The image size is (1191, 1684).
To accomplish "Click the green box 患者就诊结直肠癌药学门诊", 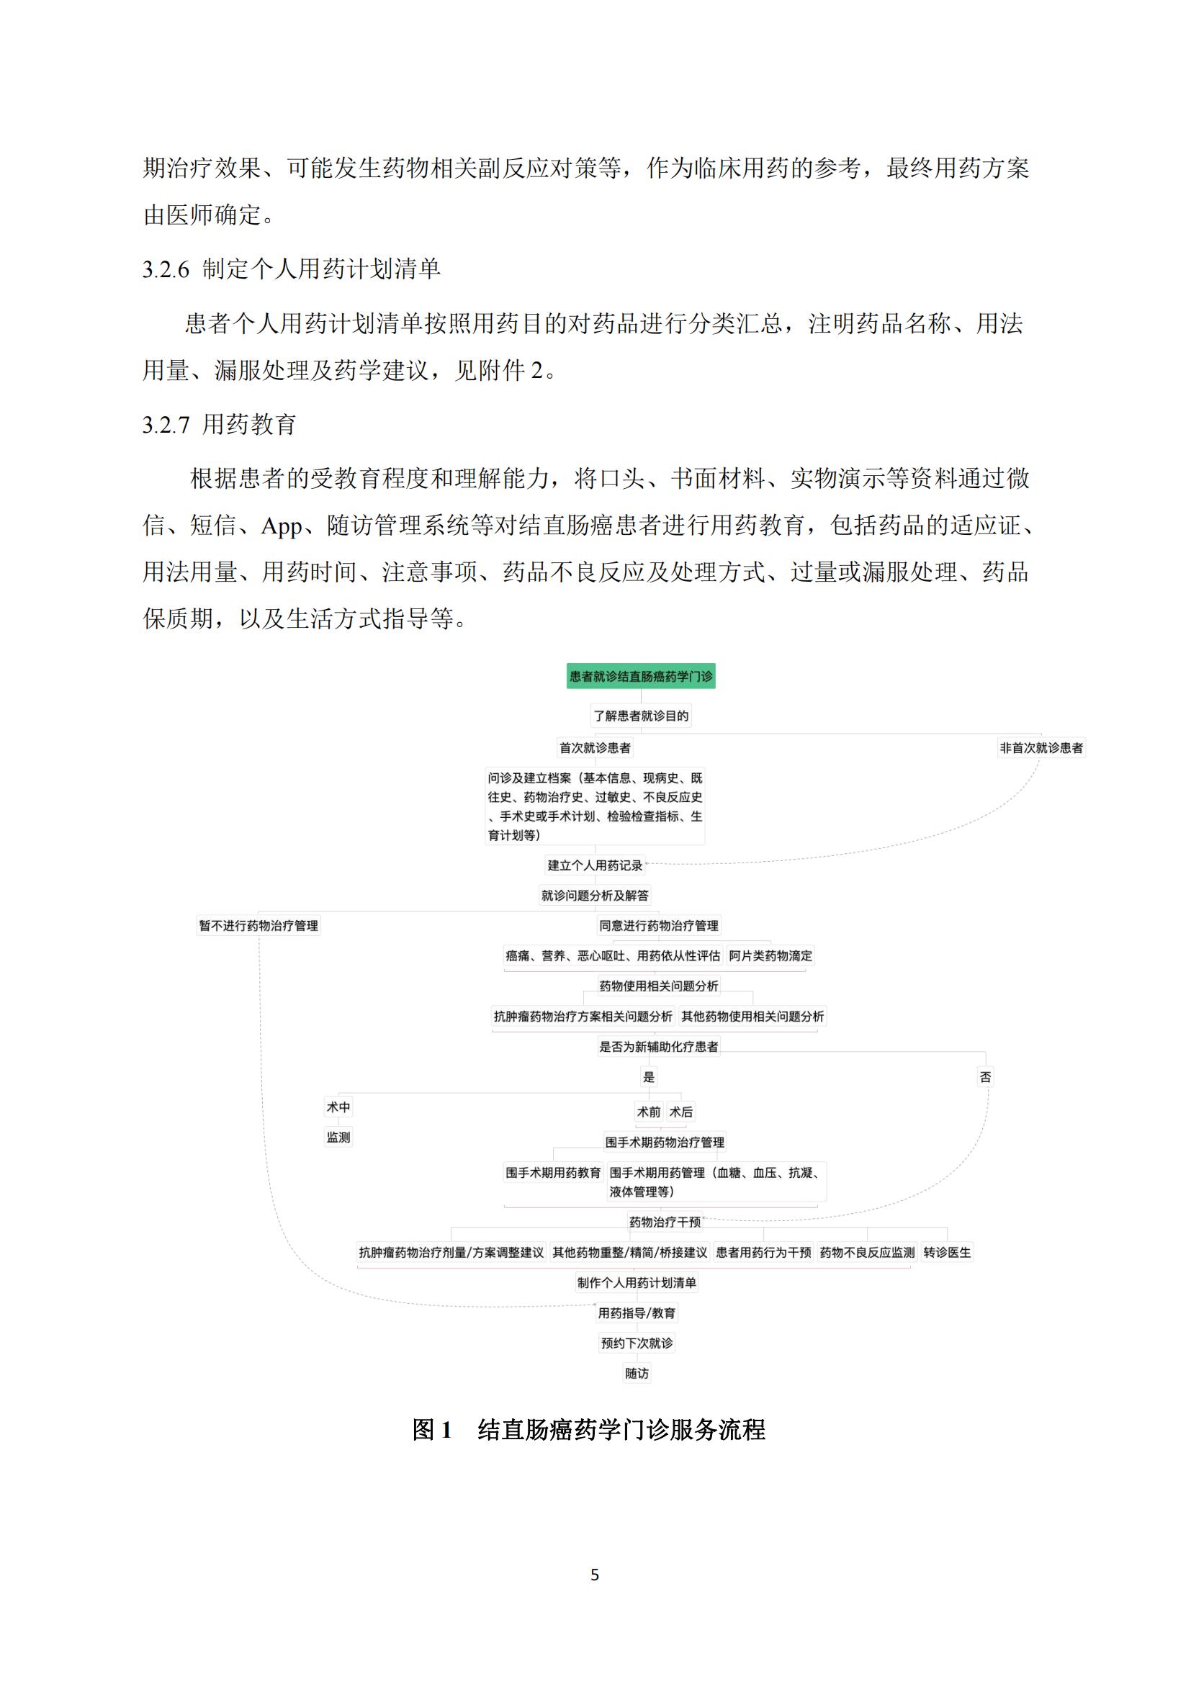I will (640, 676).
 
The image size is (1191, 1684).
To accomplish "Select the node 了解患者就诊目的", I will (641, 716).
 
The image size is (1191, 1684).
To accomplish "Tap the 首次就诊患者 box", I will (595, 748).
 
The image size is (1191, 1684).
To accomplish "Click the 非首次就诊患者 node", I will (1041, 748).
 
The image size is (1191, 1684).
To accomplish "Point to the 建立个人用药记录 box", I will (595, 865).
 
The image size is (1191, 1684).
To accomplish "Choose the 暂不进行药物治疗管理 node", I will (259, 926).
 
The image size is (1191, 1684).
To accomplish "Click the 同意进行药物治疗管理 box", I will (659, 926).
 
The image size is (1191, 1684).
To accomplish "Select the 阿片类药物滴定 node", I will (770, 955).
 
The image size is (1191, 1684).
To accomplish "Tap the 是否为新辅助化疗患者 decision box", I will (659, 1047).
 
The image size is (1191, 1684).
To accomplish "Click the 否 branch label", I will (985, 1076).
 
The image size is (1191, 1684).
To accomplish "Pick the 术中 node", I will (338, 1107).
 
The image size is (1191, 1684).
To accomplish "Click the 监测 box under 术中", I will (338, 1138).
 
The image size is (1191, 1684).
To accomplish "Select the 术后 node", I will (680, 1112).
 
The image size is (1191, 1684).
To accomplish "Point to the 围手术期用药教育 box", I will (553, 1173).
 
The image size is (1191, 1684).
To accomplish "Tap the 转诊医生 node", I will (947, 1253).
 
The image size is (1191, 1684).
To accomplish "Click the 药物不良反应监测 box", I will (867, 1253).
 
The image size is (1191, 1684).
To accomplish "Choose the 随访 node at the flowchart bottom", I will (637, 1374).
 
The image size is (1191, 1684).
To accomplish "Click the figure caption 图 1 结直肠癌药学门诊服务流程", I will (588, 1430).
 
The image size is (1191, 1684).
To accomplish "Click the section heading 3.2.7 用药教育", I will (220, 425).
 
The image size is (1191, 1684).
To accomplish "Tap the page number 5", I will (595, 1575).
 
